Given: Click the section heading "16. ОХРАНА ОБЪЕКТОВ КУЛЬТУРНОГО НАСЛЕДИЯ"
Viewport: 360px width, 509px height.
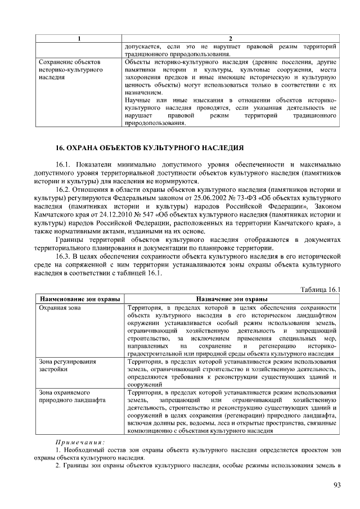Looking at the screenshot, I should click(149, 148).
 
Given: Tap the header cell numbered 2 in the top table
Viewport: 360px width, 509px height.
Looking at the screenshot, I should click(231, 38).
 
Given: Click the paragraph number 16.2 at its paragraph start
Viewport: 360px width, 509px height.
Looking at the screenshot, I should click(63, 190).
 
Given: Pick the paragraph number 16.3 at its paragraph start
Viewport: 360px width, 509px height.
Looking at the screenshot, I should click(63, 256).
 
